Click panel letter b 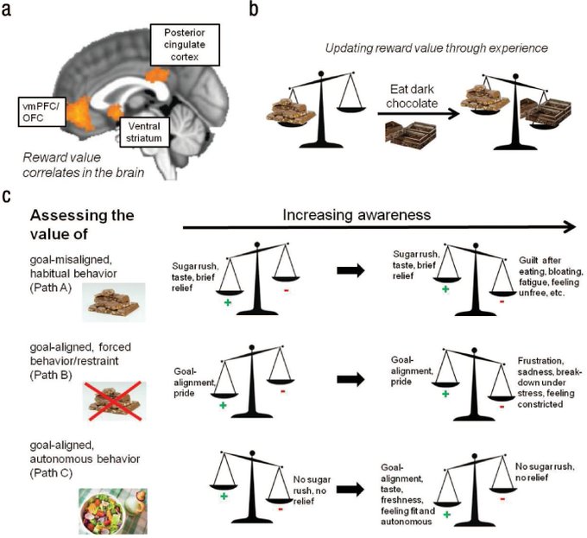coord(254,9)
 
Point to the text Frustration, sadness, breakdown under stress coord(545,373)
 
